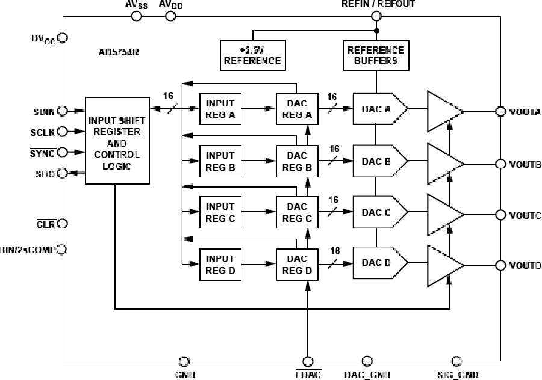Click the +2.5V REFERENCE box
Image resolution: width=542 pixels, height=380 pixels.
(x=253, y=55)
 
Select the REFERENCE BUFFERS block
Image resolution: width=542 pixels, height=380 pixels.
(x=376, y=55)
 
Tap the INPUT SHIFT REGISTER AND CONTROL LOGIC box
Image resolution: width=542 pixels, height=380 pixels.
(x=116, y=140)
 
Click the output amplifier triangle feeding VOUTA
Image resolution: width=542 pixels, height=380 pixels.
(x=444, y=111)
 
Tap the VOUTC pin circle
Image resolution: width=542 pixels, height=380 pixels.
(x=500, y=215)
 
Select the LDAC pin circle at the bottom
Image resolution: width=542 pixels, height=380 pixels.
(x=308, y=361)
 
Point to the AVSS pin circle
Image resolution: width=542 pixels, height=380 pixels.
(x=137, y=16)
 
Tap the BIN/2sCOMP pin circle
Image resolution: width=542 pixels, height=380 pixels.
(x=63, y=249)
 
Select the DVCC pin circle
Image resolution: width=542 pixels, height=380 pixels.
(x=63, y=38)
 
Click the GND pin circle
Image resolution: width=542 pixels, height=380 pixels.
(x=184, y=361)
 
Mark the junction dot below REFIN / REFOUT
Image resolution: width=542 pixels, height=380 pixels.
(x=376, y=29)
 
